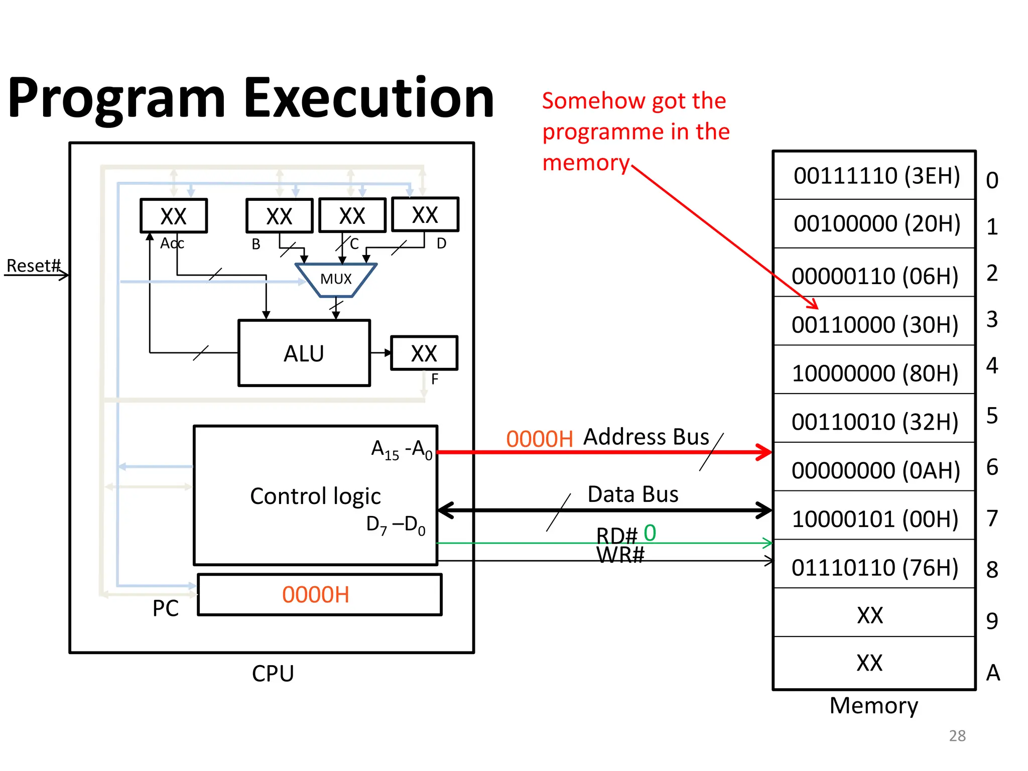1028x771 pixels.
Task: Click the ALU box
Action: click(304, 353)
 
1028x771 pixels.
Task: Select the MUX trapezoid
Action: click(336, 279)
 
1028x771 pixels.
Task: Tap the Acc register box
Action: click(174, 216)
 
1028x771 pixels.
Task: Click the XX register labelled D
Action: click(425, 215)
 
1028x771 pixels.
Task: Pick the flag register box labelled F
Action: click(424, 353)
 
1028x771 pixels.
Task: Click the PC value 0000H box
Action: click(319, 595)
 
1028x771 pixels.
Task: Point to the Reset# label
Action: click(33, 266)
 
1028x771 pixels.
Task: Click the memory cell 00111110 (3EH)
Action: click(874, 176)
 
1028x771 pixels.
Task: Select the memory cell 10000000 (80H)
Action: click(874, 373)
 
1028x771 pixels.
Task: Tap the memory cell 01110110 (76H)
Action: click(874, 567)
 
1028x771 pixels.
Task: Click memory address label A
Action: click(992, 673)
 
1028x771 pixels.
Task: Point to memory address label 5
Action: click(992, 416)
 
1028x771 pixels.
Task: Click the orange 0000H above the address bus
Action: click(539, 439)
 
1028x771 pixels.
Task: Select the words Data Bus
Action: click(632, 494)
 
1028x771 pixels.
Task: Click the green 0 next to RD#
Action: click(650, 533)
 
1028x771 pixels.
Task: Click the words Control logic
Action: click(315, 496)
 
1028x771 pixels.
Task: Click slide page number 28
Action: click(957, 735)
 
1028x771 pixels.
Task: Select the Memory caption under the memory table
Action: click(873, 705)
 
